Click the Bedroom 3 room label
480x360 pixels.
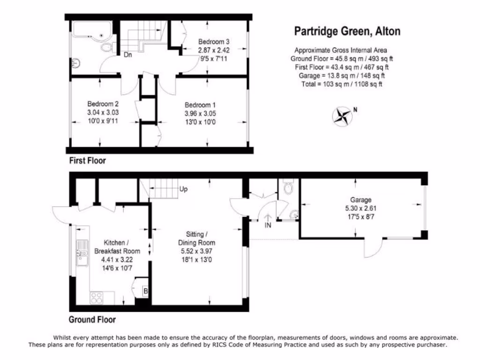(x=213, y=41)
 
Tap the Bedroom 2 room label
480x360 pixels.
(x=103, y=104)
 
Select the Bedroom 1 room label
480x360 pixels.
(x=200, y=105)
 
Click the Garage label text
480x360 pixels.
(x=360, y=200)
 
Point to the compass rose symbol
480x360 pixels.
(x=343, y=117)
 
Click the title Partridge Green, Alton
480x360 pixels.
(x=347, y=31)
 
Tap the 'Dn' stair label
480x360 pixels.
(x=127, y=54)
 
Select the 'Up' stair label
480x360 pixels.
(x=184, y=190)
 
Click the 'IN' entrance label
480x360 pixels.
(x=268, y=225)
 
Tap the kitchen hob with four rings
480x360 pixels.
(x=97, y=297)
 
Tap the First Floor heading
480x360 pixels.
(x=88, y=161)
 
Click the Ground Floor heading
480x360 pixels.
(x=92, y=320)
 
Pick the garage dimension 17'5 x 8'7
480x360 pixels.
(x=360, y=217)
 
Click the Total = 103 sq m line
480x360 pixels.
(x=340, y=84)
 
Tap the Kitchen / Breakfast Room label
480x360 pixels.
(x=111, y=247)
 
